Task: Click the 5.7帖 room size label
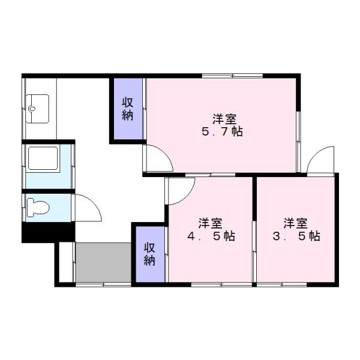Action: coord(222,131)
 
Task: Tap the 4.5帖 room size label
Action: coord(211,236)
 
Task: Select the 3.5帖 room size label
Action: coord(296,236)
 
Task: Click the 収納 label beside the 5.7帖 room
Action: coord(127,109)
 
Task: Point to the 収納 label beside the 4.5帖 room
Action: coord(149,254)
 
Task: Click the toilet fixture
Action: coord(38,208)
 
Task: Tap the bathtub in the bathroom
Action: coord(43,158)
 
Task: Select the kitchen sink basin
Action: coord(37,109)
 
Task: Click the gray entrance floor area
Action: coord(103,262)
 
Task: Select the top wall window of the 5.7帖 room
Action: coord(232,76)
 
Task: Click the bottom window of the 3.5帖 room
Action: coord(282,284)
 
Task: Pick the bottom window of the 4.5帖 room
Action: coord(221,284)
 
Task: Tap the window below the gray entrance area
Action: coord(103,284)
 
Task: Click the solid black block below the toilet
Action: coord(49,232)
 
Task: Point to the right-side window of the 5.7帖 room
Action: coord(298,142)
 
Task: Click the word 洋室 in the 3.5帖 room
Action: coord(295,223)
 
